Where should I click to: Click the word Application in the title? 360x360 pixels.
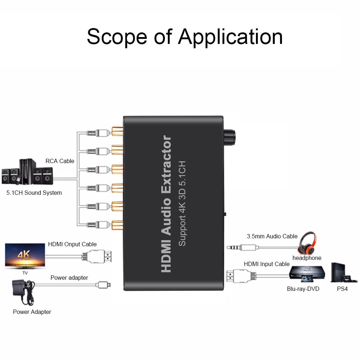coord(230,37)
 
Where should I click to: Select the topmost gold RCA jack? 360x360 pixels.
coord(117,131)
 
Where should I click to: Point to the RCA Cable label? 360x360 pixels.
coord(60,161)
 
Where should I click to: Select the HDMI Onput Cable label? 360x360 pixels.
coord(72,244)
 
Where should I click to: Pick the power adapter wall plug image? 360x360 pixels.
coord(24,292)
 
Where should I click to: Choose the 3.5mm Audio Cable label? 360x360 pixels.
coord(272,237)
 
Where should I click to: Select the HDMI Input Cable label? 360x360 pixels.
coord(266,264)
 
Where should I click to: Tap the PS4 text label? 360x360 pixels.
coord(342,289)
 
